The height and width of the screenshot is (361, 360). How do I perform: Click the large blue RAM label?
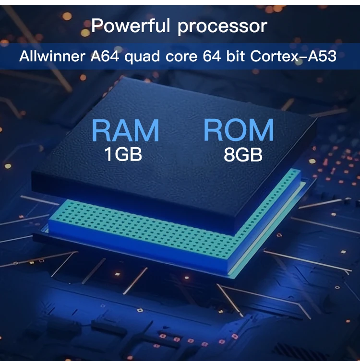(125, 130)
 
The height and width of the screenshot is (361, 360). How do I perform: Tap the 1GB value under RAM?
(123, 154)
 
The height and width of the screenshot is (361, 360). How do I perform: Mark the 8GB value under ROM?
(243, 154)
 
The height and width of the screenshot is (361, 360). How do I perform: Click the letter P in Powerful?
(97, 25)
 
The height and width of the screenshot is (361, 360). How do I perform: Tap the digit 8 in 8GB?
(228, 154)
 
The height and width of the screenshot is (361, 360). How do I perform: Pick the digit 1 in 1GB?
(108, 154)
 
